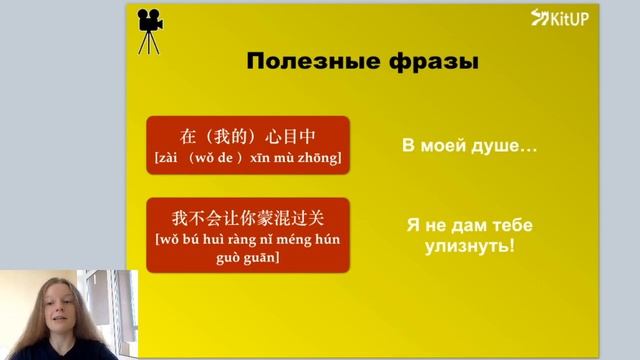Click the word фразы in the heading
tap(433, 62)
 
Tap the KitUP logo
tap(562, 17)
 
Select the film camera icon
tap(151, 31)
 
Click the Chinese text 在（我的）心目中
tap(248, 136)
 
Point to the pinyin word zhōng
tap(320, 158)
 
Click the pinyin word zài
tap(167, 158)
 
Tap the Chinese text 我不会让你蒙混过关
tap(248, 216)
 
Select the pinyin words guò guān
tap(248, 257)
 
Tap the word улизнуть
tap(463, 245)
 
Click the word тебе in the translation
tap(494, 225)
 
